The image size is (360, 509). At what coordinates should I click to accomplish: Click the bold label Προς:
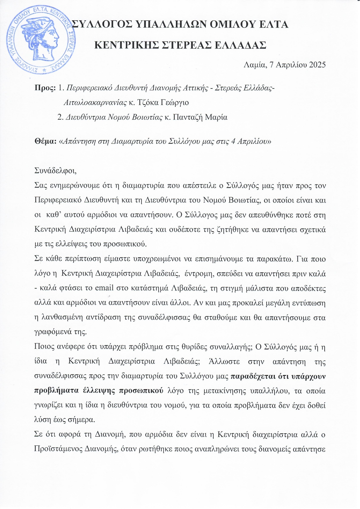pos(45,88)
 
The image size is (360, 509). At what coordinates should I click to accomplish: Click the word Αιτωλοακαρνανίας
pos(95,102)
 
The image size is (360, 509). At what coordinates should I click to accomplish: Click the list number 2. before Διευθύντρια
pos(61,117)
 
